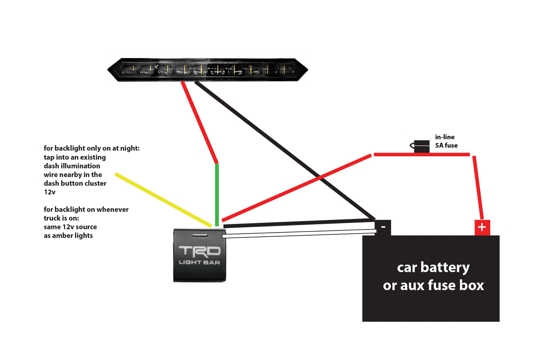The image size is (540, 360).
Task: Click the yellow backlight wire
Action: (163, 200)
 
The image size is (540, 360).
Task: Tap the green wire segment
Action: (217, 194)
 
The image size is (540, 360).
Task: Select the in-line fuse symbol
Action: (421, 146)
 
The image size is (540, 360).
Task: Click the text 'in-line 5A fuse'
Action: (446, 141)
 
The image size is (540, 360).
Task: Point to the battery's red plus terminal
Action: (482, 227)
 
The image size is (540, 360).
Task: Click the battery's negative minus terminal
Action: (383, 227)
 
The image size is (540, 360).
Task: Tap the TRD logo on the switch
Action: (200, 251)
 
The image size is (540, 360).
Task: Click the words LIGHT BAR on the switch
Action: (200, 262)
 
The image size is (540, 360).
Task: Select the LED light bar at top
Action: (207, 70)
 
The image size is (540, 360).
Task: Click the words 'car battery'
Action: (433, 268)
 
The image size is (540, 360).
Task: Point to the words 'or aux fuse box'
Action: (433, 286)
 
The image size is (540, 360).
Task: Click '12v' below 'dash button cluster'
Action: (49, 192)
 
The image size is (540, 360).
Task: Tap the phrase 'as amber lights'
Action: (68, 236)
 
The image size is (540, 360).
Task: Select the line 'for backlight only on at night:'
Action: (92, 148)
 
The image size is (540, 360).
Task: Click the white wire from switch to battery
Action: (299, 234)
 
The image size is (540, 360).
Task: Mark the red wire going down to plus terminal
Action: (478, 187)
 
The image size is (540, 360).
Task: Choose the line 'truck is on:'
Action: (61, 218)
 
